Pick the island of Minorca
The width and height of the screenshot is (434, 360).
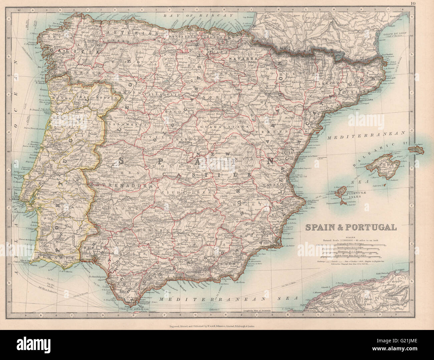tap(416, 149)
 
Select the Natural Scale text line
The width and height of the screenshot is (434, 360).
tap(350, 240)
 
